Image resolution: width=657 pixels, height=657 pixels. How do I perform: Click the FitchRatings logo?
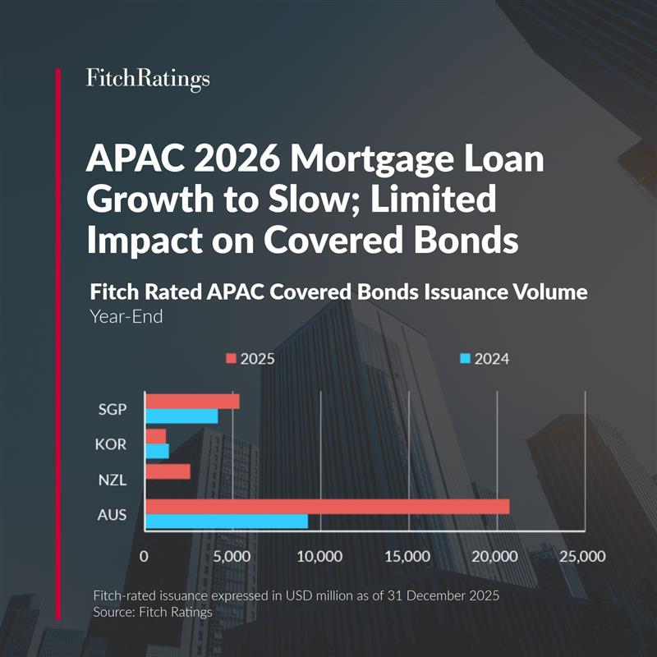tap(148, 79)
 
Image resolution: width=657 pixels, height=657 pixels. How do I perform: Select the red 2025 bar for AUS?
tap(327, 507)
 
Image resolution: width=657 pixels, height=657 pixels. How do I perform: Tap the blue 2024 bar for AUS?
tap(226, 521)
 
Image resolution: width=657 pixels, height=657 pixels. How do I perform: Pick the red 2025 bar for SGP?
tap(192, 401)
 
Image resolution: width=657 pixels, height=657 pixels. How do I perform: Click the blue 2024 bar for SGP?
tap(181, 416)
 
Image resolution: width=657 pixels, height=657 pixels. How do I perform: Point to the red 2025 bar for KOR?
tap(155, 436)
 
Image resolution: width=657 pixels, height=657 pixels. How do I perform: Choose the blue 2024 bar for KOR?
tap(157, 451)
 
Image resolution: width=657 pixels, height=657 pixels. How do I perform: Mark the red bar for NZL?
tap(168, 471)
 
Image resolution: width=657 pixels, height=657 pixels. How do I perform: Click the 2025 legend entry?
tap(250, 359)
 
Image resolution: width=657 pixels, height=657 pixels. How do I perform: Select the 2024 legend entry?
tap(485, 359)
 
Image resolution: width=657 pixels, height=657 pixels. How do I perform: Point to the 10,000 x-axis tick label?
tap(319, 556)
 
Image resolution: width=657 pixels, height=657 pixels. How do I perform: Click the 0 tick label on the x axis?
tap(144, 556)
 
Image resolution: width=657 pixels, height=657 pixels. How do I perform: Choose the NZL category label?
tap(112, 472)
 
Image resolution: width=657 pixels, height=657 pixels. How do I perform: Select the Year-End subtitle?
tap(126, 316)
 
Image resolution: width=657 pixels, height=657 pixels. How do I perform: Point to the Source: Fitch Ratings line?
tap(141, 612)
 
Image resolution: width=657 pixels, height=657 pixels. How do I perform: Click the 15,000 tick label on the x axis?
tap(407, 556)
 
